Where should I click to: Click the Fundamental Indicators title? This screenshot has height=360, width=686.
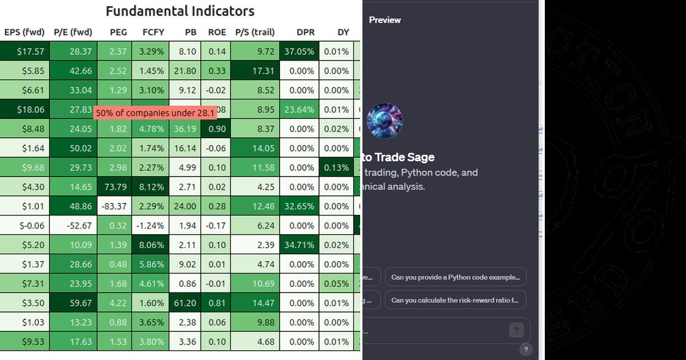pyautogui.click(x=180, y=11)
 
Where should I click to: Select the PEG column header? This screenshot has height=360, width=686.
pyautogui.click(x=118, y=32)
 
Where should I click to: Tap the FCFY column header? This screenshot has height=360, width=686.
pyautogui.click(x=153, y=32)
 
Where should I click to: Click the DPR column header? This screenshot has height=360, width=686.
pyautogui.click(x=305, y=32)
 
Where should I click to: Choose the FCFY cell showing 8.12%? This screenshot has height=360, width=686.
pyautogui.click(x=151, y=187)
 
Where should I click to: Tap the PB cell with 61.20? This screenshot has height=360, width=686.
pyautogui.click(x=185, y=303)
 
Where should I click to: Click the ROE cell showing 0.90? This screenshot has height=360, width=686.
pyautogui.click(x=217, y=129)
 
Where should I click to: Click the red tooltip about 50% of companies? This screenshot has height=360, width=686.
pyautogui.click(x=155, y=113)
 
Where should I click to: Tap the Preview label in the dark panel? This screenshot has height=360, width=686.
pyautogui.click(x=385, y=20)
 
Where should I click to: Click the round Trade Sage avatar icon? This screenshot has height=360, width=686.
pyautogui.click(x=385, y=121)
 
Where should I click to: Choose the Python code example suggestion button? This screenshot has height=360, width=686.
pyautogui.click(x=455, y=277)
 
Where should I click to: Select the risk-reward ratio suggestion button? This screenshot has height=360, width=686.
pyautogui.click(x=455, y=300)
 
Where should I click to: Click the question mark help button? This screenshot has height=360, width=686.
pyautogui.click(x=526, y=350)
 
